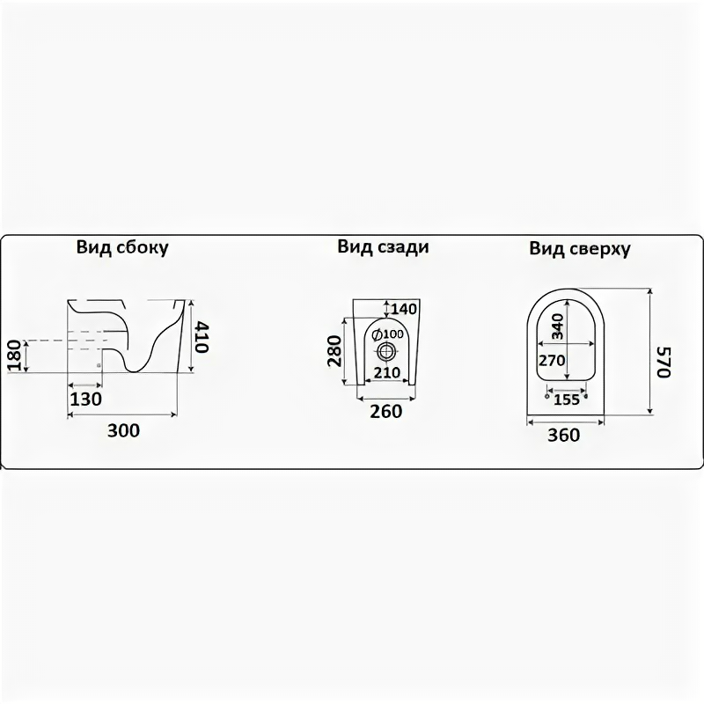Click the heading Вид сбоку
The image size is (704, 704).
122,248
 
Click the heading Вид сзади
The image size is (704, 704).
383,247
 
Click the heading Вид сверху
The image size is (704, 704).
580,249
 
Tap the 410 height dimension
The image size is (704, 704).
202,335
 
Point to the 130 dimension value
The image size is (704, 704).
85,399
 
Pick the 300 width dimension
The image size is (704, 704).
123,430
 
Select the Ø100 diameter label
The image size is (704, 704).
387,334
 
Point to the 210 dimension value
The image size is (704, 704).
386,372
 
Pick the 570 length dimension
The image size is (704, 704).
664,360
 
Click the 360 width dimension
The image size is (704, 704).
564,434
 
